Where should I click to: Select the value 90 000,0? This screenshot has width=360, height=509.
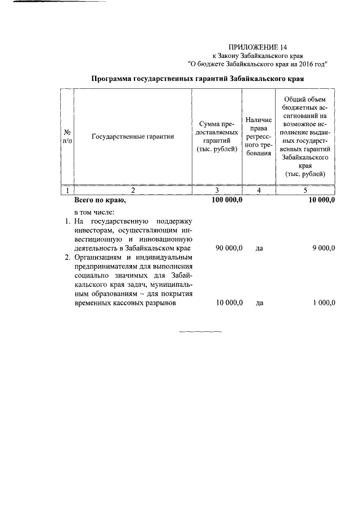[228, 248]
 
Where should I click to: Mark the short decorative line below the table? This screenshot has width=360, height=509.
[200, 331]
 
